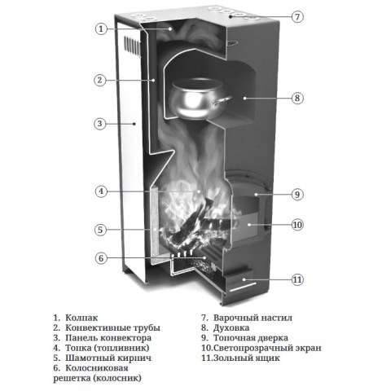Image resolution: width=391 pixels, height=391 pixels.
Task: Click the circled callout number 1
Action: (x=101, y=29)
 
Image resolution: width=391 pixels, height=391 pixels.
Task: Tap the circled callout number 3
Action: (x=100, y=124)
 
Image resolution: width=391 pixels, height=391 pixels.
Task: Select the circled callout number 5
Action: (x=100, y=230)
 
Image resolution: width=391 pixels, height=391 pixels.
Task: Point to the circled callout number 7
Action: (x=297, y=17)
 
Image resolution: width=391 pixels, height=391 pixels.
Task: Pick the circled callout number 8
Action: (x=297, y=98)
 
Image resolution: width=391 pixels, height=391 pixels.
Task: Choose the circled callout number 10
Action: (x=297, y=225)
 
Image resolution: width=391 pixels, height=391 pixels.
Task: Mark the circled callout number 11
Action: (x=297, y=279)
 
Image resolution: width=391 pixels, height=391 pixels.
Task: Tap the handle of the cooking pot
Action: (x=222, y=101)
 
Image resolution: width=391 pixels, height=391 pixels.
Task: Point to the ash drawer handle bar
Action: (x=243, y=288)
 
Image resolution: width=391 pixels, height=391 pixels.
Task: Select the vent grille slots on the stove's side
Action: (x=133, y=45)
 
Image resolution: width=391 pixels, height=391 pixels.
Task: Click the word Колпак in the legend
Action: (x=81, y=318)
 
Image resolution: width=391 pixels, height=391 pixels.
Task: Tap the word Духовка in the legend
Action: (x=231, y=327)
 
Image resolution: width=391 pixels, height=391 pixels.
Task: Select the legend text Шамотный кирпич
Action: (x=108, y=358)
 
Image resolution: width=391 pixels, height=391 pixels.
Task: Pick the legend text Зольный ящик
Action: (x=247, y=358)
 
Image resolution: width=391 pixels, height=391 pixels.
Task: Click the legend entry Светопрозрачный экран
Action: (x=267, y=348)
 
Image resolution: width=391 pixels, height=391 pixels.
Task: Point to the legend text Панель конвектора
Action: (x=108, y=338)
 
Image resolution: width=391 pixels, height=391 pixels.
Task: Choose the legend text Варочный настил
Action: (x=253, y=318)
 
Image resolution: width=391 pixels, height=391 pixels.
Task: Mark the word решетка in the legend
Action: (x=72, y=378)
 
